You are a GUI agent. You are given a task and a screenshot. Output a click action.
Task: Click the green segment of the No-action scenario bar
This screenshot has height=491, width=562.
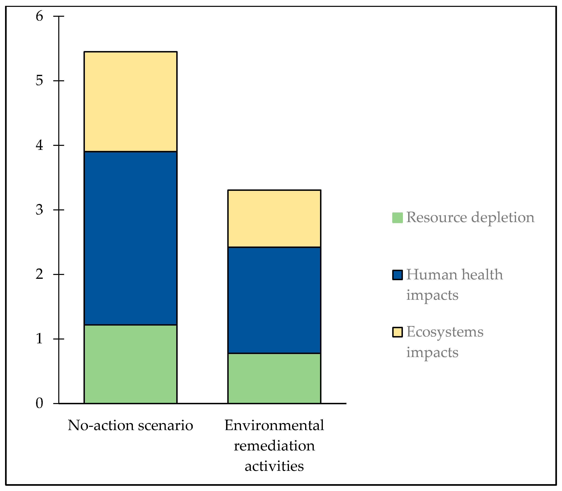point(130,364)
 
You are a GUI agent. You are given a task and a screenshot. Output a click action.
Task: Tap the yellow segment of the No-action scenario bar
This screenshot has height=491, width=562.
point(130,101)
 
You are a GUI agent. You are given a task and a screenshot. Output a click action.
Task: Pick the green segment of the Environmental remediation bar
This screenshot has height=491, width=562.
point(274,378)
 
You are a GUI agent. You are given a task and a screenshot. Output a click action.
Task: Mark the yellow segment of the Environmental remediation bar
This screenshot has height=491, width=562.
point(274,219)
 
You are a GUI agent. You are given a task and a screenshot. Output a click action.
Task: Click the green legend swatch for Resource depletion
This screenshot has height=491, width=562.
point(397,218)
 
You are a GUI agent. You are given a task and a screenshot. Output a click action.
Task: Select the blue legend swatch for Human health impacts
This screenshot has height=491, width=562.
point(397,275)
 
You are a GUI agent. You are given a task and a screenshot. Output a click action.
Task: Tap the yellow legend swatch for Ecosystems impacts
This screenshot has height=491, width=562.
point(397,332)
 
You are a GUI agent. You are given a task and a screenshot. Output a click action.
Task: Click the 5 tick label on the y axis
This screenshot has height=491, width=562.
point(40,81)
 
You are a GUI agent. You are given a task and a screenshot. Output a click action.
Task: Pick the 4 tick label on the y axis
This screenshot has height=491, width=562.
point(40,145)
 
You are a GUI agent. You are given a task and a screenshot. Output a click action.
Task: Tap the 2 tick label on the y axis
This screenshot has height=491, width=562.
point(40,274)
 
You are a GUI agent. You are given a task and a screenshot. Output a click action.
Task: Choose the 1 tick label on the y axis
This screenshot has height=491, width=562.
point(40,339)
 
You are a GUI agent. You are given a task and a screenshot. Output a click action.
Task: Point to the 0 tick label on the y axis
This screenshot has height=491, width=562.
point(40,403)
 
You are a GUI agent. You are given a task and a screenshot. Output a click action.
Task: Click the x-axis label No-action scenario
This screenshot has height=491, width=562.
point(130,425)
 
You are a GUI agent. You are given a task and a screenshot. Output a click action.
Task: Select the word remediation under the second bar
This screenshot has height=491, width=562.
point(274,446)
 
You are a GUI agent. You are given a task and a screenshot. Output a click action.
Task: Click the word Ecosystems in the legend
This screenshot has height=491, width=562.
point(445,332)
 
